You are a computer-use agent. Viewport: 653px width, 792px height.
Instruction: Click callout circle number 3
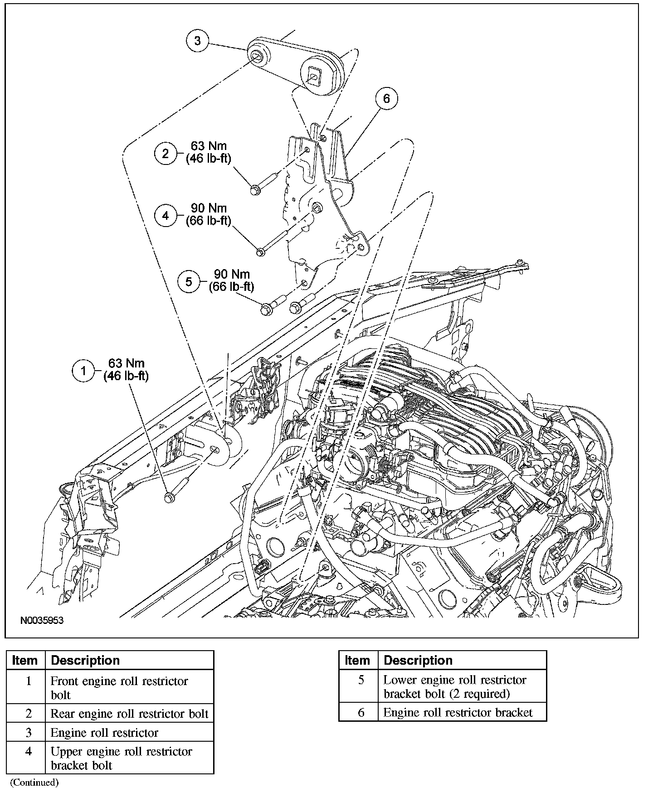pyautogui.click(x=197, y=41)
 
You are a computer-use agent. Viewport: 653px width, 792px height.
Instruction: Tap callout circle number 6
pyautogui.click(x=386, y=98)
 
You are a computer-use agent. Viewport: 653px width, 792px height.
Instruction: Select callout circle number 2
pyautogui.click(x=166, y=153)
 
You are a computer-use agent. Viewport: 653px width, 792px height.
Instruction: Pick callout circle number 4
pyautogui.click(x=166, y=215)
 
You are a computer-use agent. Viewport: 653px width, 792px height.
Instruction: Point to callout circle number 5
pyautogui.click(x=189, y=281)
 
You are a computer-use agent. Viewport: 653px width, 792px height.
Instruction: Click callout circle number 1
pyautogui.click(x=83, y=371)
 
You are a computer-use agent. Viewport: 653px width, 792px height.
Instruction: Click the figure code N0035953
pyautogui.click(x=42, y=620)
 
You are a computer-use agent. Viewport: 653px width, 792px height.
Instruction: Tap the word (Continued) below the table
pyautogui.click(x=34, y=782)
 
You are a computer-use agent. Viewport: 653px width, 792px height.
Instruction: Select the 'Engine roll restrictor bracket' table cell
pyautogui.click(x=458, y=712)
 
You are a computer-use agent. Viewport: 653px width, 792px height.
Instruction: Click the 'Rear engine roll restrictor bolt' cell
pyautogui.click(x=129, y=714)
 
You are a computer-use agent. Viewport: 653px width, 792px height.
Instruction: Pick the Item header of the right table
pyautogui.click(x=357, y=660)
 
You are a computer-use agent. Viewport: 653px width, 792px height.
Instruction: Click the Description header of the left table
pyautogui.click(x=85, y=660)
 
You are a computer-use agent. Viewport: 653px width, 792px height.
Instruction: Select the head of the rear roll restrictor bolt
pyautogui.click(x=254, y=189)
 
